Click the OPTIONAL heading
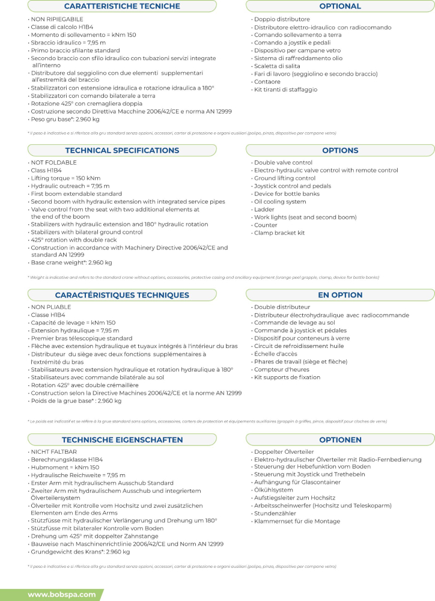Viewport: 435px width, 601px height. point(340,6)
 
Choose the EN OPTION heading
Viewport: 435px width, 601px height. point(340,295)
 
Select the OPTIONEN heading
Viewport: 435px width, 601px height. point(340,440)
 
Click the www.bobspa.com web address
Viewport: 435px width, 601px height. point(62,594)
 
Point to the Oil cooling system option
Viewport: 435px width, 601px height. point(280,201)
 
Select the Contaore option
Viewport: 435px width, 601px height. point(267,82)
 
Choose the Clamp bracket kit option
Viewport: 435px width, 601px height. point(279,233)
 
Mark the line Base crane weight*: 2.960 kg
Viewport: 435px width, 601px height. point(71,263)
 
